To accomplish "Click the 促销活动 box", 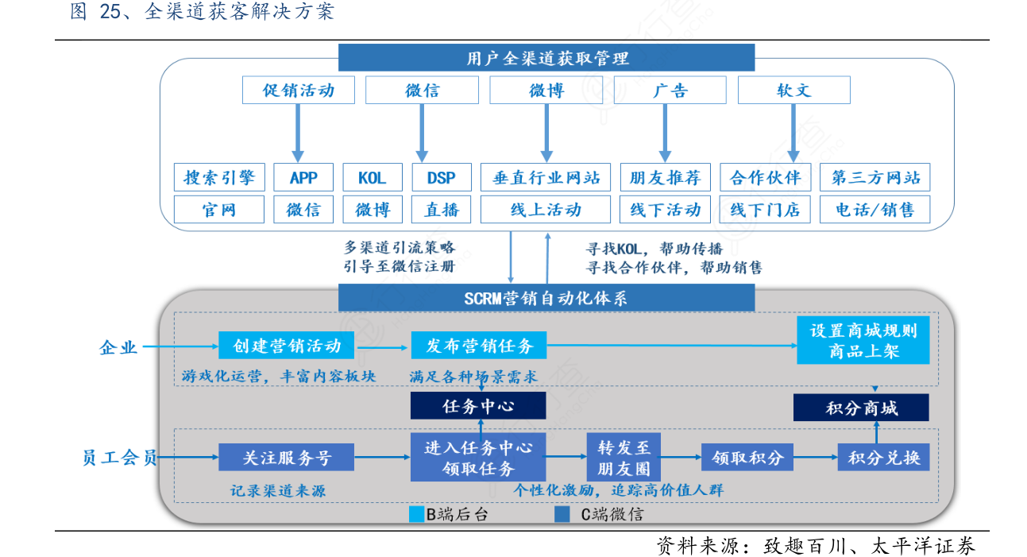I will point(298,91).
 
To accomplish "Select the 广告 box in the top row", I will point(670,91).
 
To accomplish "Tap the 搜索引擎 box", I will point(219,177).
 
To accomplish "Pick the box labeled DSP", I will point(442,177).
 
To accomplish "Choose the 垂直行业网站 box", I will point(546,177).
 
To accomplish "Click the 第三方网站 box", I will point(874,177).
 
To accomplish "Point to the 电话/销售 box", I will point(874,210).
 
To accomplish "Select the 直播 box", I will point(442,210).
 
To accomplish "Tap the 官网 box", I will point(219,210).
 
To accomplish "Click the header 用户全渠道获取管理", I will point(546,58).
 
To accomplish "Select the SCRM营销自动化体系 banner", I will point(546,298).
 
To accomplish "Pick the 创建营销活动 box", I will point(287,346).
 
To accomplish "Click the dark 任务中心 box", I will point(478,407).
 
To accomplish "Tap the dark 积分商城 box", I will point(862,408).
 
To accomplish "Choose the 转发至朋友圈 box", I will point(624,458).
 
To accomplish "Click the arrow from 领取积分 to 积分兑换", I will point(816,458).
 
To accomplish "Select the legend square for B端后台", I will point(416,514).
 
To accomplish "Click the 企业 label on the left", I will point(118,346).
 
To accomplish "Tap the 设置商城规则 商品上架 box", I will point(863,340).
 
